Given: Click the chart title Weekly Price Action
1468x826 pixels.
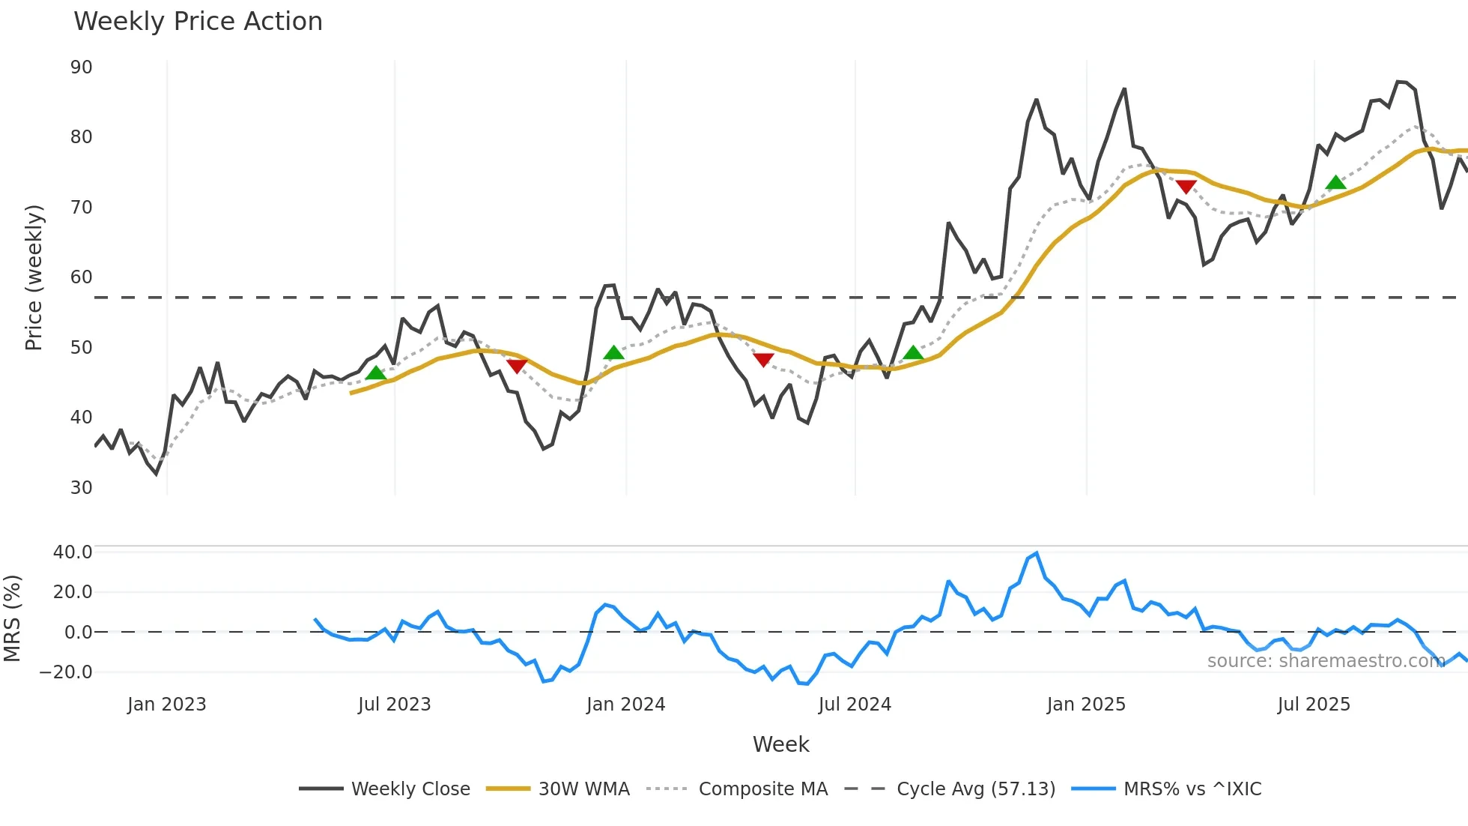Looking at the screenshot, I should point(198,22).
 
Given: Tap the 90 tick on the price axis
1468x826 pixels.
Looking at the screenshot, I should point(82,67).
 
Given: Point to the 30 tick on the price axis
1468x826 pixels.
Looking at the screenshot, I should point(82,488).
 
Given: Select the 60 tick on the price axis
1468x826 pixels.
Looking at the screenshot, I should point(82,277).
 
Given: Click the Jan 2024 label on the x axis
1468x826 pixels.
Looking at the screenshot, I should point(625,705).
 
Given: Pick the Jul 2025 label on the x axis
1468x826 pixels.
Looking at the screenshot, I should point(1314,705).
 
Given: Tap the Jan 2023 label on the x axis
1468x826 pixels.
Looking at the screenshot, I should point(166,705).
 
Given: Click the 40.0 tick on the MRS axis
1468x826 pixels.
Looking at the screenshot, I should point(73,552).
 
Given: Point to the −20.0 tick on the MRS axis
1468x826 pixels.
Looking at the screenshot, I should point(67,672).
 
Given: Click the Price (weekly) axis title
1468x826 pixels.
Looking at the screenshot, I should point(34,277).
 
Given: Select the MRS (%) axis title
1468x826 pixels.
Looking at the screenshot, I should point(12,618).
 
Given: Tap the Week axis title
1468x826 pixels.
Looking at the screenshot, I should point(780,744).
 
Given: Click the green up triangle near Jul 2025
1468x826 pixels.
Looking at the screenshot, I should point(1335,183).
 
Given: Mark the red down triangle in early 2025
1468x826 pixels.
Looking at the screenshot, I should point(1186,187).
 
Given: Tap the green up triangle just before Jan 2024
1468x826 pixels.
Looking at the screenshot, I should point(613,353).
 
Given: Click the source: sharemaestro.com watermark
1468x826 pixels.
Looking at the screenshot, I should point(1326,661).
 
